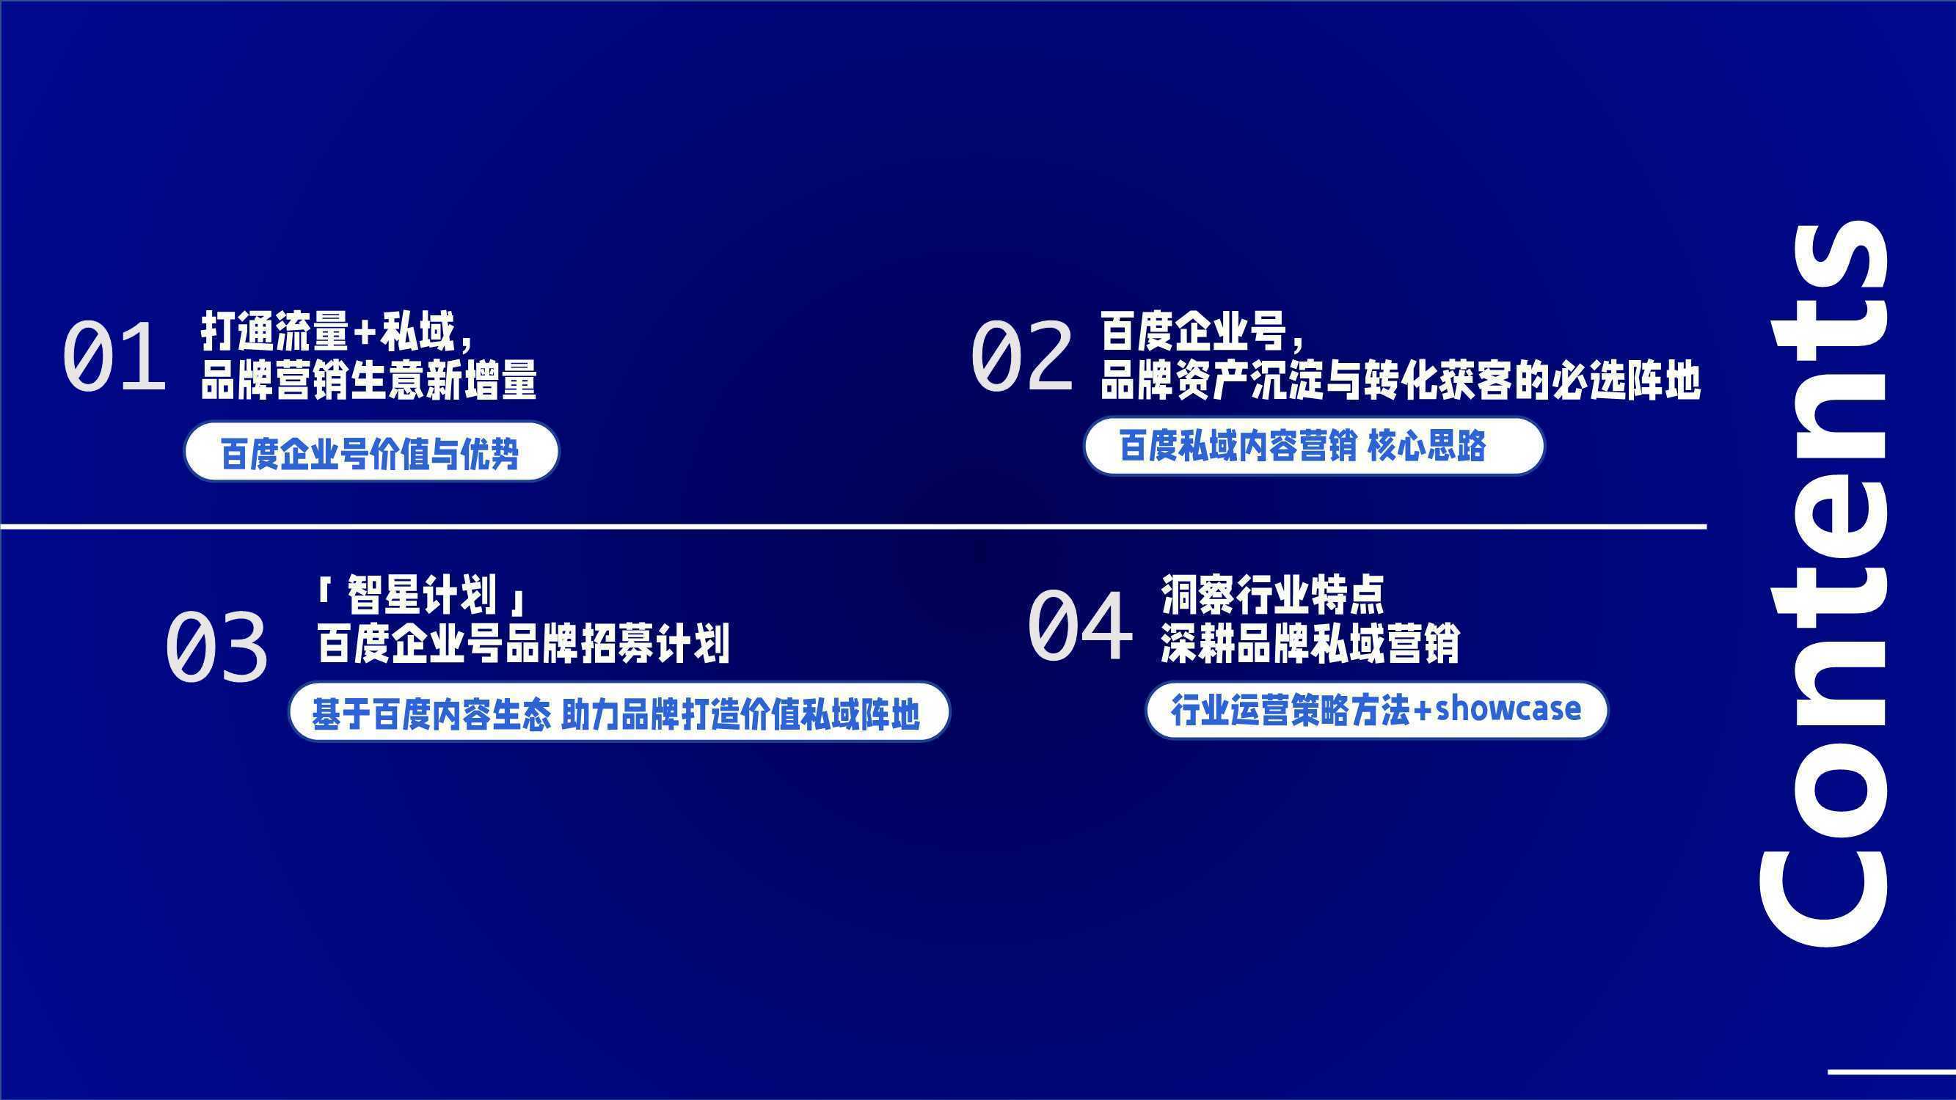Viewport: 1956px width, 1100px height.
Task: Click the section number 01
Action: coord(114,356)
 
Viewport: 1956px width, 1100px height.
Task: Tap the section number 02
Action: coord(1022,356)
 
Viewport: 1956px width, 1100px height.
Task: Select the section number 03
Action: coord(216,647)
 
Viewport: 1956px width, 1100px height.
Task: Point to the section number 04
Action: coord(1080,626)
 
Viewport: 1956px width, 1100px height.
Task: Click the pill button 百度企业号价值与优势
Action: coord(371,452)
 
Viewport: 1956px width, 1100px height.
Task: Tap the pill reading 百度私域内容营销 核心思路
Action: coord(1313,447)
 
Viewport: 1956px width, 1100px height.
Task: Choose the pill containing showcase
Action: coord(1376,710)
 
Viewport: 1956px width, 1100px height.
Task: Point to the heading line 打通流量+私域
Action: coord(338,332)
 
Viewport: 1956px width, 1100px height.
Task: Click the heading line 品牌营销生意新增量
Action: coord(368,380)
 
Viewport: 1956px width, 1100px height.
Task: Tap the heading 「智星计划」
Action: coord(421,595)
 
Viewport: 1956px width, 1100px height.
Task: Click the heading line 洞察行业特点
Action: coord(1273,595)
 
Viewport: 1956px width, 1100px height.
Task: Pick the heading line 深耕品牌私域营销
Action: coord(1310,643)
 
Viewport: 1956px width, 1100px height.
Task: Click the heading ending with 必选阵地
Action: coord(1401,380)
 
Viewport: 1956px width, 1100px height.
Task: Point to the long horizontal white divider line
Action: coord(853,526)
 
